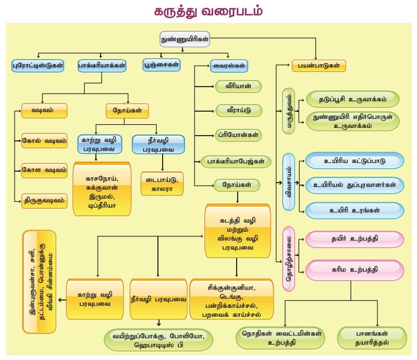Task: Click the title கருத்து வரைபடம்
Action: (x=208, y=11)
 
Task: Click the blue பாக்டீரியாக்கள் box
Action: (x=102, y=66)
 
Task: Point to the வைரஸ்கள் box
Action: (x=230, y=66)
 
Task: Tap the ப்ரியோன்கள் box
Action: (x=238, y=135)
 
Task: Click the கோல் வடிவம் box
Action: (x=44, y=140)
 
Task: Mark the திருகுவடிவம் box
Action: (x=44, y=200)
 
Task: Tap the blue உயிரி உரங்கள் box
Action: (x=354, y=210)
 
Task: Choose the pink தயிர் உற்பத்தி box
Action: (x=354, y=239)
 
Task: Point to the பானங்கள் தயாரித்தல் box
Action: (x=372, y=338)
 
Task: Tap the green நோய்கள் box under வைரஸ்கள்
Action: (x=237, y=184)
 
